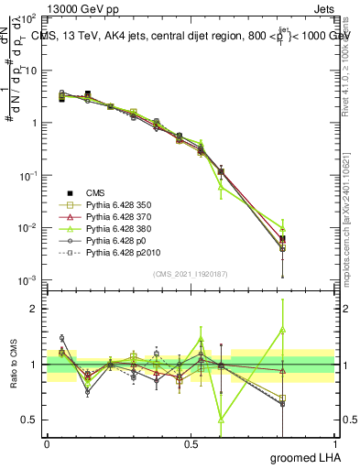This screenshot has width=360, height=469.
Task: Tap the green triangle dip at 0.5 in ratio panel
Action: click(x=222, y=420)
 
